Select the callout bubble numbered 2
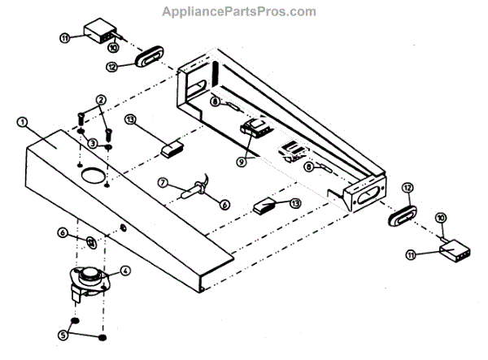coord(100,100)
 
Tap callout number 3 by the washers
coord(93,143)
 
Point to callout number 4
coord(125,271)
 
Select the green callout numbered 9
coord(241,162)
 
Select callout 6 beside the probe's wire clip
coord(225,205)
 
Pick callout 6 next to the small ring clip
coord(63,232)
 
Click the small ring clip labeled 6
coord(91,241)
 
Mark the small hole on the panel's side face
coord(122,228)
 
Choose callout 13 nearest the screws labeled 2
coord(130,119)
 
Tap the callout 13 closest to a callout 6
coord(296,203)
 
